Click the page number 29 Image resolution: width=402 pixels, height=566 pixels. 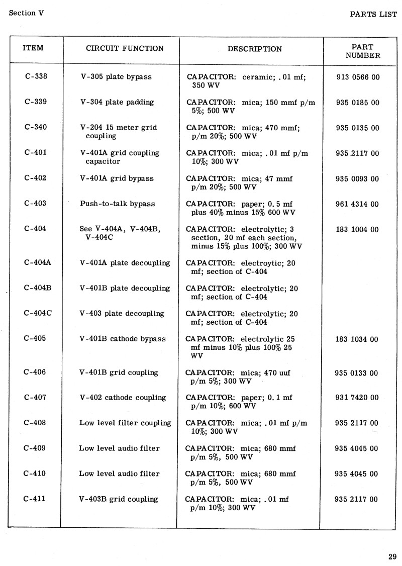point(392,556)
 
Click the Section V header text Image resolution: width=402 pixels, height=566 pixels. point(26,13)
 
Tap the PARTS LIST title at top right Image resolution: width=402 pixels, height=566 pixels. point(373,14)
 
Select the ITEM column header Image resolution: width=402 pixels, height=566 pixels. point(33,48)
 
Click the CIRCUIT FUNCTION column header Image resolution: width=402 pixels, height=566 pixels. point(125,49)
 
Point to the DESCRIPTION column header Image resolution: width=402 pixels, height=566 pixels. point(254,49)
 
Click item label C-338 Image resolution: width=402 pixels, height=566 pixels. point(35,77)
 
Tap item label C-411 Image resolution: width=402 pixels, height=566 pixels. point(35,499)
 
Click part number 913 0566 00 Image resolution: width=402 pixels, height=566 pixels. point(357,77)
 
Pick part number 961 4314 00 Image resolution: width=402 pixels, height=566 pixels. point(357,204)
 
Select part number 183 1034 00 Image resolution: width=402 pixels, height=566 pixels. point(357,339)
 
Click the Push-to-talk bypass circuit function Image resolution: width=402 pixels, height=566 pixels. point(118,204)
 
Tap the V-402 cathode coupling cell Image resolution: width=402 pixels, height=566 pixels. point(123,398)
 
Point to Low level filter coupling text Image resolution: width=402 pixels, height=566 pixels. point(125,423)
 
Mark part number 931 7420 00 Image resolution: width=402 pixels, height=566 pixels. point(357,398)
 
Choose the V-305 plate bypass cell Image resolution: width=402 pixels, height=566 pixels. point(116,77)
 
